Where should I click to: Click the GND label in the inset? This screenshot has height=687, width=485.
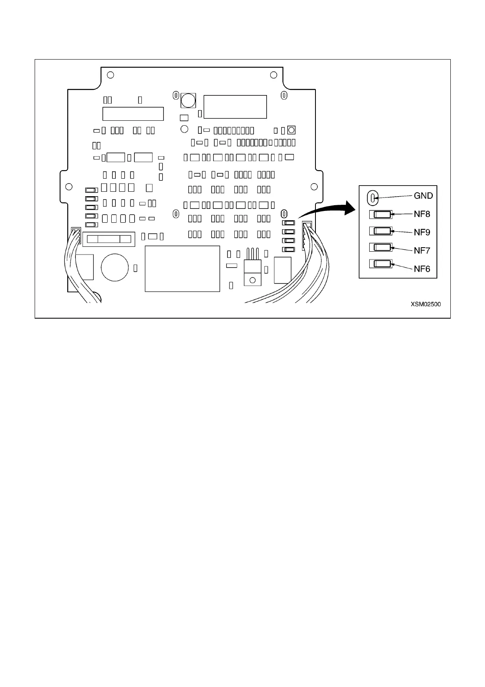[423, 196]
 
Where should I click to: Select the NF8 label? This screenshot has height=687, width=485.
[422, 214]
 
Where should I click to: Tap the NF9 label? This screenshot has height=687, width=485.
[422, 233]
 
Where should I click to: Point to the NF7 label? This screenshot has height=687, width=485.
[422, 250]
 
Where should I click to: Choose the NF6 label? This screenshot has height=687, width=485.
[422, 269]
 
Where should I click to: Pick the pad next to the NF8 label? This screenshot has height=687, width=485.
[381, 214]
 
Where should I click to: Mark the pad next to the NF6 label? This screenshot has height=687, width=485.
[381, 264]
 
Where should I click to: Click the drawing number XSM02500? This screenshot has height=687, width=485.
[425, 304]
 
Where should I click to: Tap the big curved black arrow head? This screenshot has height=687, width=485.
[349, 208]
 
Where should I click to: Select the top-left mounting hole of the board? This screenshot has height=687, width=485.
[110, 75]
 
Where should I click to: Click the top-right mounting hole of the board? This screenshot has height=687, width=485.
[274, 75]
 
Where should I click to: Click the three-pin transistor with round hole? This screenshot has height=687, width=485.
[252, 273]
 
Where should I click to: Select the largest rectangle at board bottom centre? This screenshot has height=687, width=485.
[182, 268]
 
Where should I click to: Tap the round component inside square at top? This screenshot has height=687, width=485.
[188, 100]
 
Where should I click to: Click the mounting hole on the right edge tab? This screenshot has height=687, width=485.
[314, 186]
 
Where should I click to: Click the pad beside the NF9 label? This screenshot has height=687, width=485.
[381, 231]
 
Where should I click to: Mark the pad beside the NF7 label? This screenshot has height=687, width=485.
[381, 247]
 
